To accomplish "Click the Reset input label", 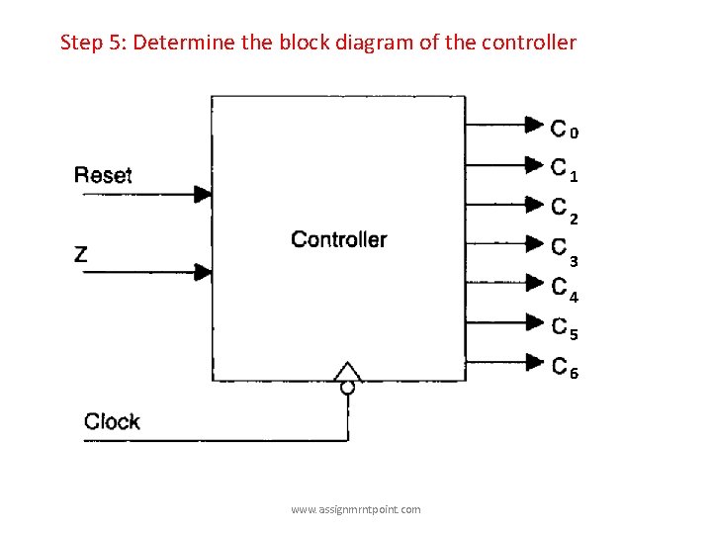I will [103, 175].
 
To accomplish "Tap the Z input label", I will [81, 254].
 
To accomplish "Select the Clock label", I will [112, 422].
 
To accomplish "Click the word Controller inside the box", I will [339, 239].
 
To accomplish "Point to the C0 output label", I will [565, 129].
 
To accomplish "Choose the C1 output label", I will [565, 169].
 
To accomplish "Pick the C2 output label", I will [565, 210].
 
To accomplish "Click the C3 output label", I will [565, 249].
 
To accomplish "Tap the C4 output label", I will [565, 289].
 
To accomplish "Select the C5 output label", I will [565, 327].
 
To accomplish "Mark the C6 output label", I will [565, 367].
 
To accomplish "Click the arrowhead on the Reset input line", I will [203, 194].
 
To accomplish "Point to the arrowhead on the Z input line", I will [203, 271].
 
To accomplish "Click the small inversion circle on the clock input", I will [347, 388].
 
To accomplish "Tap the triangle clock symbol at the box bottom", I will [347, 372].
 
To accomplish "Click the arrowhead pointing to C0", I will [534, 125].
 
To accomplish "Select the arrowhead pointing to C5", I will [534, 322].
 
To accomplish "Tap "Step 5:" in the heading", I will [93, 43].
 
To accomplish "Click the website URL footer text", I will [355, 509].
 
